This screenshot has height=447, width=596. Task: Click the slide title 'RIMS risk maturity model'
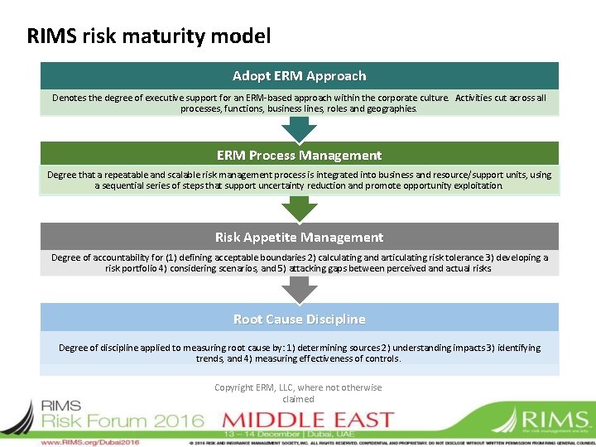click(x=149, y=36)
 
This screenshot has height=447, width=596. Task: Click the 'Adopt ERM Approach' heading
click(x=299, y=75)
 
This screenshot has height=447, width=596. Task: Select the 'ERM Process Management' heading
click(x=299, y=155)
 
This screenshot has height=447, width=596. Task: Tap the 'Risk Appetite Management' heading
click(x=299, y=237)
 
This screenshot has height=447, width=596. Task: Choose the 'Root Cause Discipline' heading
click(x=299, y=319)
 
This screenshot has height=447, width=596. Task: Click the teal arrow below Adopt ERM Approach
click(x=299, y=128)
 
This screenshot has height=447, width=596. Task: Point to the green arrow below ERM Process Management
click(x=299, y=209)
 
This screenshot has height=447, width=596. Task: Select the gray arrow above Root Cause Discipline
click(x=299, y=290)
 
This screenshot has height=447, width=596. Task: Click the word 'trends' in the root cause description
click(x=210, y=358)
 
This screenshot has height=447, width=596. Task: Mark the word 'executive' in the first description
click(x=137, y=98)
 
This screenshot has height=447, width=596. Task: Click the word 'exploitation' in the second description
click(x=474, y=185)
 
